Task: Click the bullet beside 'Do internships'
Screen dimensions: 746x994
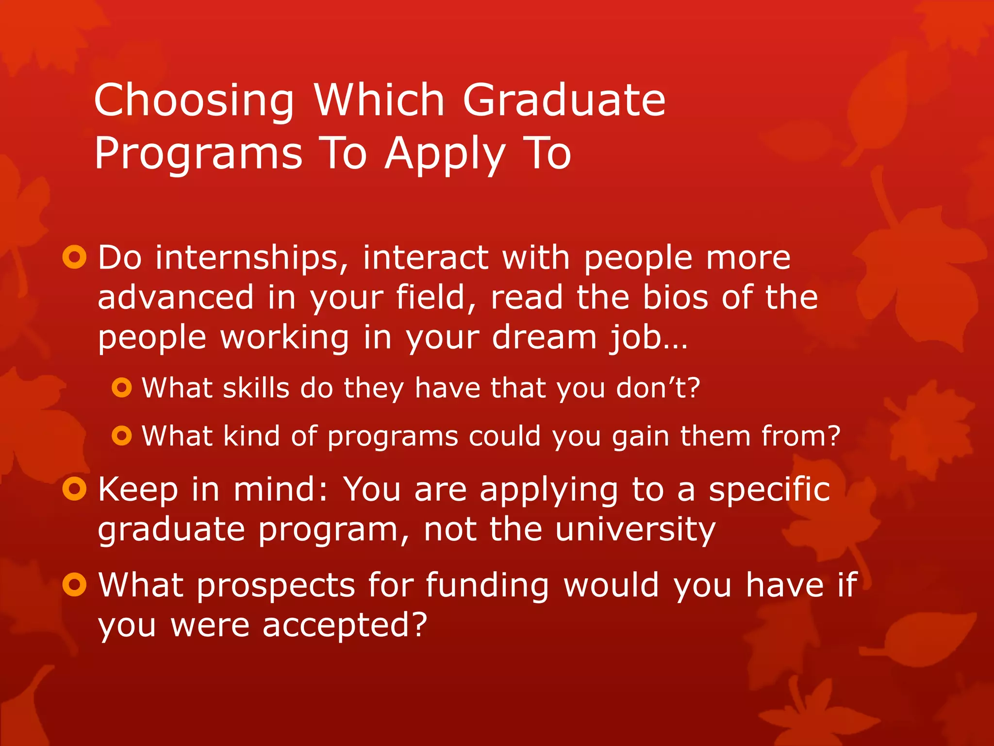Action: point(74,257)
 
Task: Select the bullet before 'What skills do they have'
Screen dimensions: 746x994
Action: point(121,388)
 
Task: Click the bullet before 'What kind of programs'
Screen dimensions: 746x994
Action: point(121,436)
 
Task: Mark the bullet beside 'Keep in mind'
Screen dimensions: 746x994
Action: point(74,489)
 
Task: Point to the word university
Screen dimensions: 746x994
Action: point(635,529)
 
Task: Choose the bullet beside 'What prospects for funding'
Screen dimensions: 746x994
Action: point(74,584)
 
